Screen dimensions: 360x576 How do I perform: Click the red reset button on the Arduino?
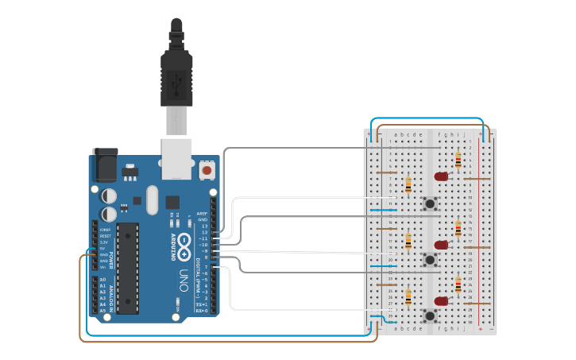[x=207, y=169]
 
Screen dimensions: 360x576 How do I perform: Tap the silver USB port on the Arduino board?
[x=176, y=157]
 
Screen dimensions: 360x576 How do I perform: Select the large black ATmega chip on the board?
[x=127, y=268]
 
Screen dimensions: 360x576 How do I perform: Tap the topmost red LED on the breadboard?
[x=442, y=176]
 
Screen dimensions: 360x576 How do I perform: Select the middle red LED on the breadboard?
[x=442, y=245]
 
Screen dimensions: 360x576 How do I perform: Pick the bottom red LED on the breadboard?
[x=441, y=301]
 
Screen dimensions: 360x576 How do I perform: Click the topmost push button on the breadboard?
[x=431, y=203]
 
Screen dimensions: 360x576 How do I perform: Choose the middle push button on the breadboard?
[x=431, y=259]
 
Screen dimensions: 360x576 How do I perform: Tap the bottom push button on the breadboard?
[x=431, y=315]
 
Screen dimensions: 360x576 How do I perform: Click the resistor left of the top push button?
[x=408, y=185]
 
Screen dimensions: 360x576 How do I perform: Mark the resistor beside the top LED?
[x=458, y=160]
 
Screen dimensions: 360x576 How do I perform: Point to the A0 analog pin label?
[x=102, y=280]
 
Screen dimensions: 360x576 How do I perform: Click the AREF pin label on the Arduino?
[x=202, y=214]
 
